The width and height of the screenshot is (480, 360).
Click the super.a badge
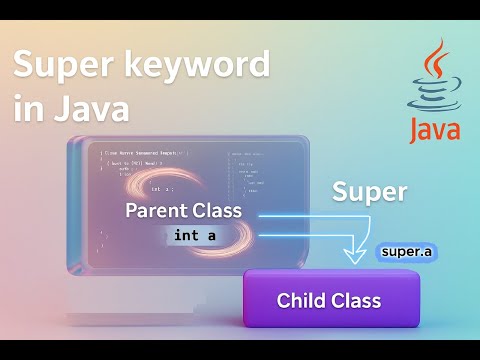click(407, 251)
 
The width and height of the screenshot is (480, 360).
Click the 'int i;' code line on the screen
click(162, 188)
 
